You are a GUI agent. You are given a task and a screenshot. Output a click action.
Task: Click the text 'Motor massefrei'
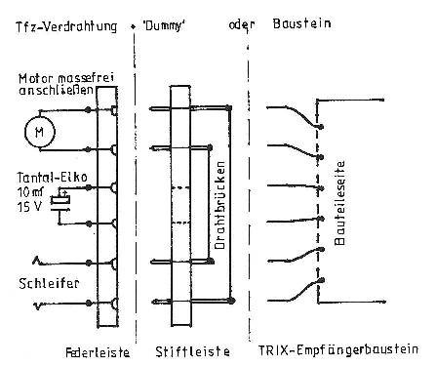pos(52,76)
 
